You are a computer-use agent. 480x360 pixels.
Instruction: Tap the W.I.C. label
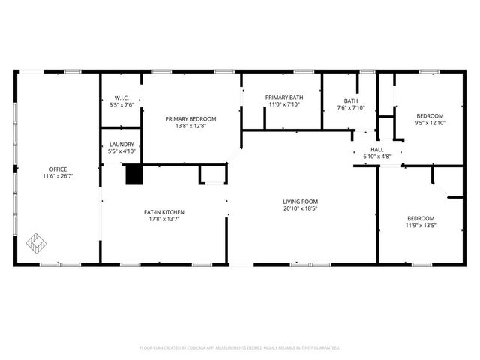click(x=122, y=97)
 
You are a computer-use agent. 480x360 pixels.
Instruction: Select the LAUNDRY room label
click(x=121, y=144)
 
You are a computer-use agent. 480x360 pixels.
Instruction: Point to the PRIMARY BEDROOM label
click(x=191, y=118)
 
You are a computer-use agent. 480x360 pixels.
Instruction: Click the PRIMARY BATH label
click(x=284, y=97)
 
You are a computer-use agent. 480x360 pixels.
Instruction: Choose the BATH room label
click(x=351, y=100)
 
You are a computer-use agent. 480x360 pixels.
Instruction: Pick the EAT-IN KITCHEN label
click(x=164, y=212)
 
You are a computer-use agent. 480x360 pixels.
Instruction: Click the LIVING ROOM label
click(x=301, y=201)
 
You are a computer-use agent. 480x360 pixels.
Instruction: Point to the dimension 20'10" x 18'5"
click(x=301, y=208)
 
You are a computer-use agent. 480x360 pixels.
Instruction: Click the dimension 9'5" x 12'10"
click(x=430, y=123)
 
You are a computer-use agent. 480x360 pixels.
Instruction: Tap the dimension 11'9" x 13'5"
click(x=421, y=225)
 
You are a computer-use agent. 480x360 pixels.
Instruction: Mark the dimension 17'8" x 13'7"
click(x=164, y=220)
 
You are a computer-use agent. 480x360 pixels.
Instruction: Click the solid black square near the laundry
click(x=133, y=174)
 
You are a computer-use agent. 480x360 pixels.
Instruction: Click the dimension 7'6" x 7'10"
click(x=351, y=108)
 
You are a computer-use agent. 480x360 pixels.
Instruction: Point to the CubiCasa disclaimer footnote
click(x=240, y=348)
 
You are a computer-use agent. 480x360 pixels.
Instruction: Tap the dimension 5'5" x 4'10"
click(x=121, y=151)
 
